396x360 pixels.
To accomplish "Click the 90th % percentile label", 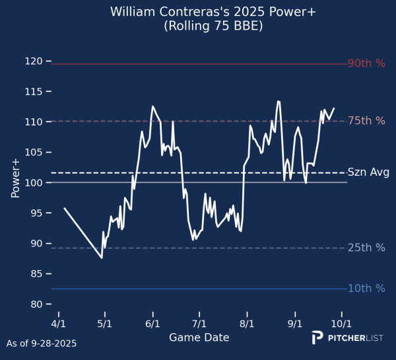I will point(366,64).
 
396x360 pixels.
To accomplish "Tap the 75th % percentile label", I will point(366,121).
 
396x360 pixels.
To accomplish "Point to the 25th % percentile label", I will point(366,248).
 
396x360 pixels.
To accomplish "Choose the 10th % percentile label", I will point(366,289).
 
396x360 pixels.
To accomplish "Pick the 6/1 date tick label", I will point(152,324).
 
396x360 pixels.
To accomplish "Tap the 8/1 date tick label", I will point(247,324).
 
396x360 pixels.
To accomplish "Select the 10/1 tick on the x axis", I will point(341,324).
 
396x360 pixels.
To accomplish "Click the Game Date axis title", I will point(199,338).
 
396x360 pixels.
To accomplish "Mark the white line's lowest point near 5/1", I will point(102,258).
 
